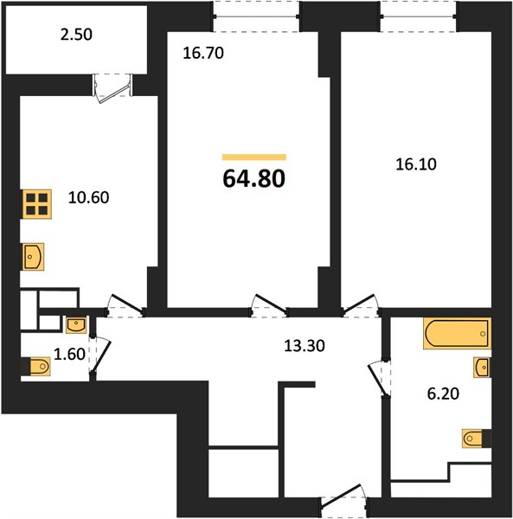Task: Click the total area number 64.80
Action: (x=253, y=179)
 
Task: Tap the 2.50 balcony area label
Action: (x=76, y=35)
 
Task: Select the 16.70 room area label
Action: (x=203, y=54)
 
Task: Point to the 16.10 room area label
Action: (x=416, y=164)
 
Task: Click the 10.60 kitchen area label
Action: (x=89, y=197)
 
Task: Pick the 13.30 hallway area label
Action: (x=305, y=346)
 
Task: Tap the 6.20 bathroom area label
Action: (x=443, y=394)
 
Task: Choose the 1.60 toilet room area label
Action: (x=69, y=354)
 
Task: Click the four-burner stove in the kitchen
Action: (x=37, y=204)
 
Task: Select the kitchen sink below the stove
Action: (x=33, y=257)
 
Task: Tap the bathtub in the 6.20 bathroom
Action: (x=457, y=333)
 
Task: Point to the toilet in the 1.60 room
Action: (x=35, y=367)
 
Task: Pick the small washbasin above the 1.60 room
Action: (x=76, y=325)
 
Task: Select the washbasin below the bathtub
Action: (x=482, y=367)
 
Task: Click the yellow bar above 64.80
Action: (x=254, y=157)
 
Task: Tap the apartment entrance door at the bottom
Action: (x=344, y=501)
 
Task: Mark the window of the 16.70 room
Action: (x=256, y=16)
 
